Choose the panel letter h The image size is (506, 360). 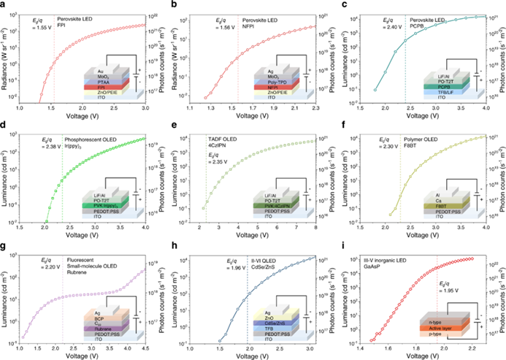click(172, 245)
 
